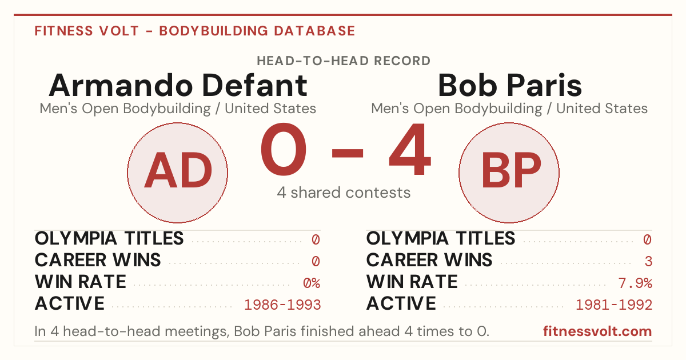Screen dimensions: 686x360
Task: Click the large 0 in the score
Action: [284, 149]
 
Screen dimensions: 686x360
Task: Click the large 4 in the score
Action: [410, 149]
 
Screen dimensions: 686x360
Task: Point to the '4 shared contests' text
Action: [344, 193]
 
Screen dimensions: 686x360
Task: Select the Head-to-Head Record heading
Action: [344, 61]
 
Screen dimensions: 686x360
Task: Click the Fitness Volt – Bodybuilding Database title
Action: [195, 31]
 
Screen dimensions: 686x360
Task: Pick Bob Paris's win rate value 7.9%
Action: [635, 283]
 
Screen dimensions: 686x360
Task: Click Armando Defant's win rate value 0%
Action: [312, 283]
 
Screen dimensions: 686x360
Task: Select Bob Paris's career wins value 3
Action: [648, 262]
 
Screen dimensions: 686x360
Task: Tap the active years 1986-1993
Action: [282, 305]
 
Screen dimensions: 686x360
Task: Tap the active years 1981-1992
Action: [614, 305]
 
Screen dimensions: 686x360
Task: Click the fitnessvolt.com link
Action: [597, 331]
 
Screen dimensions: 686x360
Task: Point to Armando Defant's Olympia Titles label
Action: [109, 238]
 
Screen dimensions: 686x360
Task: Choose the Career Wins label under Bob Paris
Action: [429, 260]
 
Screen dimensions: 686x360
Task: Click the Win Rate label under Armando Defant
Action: [80, 282]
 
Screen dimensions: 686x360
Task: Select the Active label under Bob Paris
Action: [401, 303]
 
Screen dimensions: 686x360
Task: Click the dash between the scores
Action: [348, 153]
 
